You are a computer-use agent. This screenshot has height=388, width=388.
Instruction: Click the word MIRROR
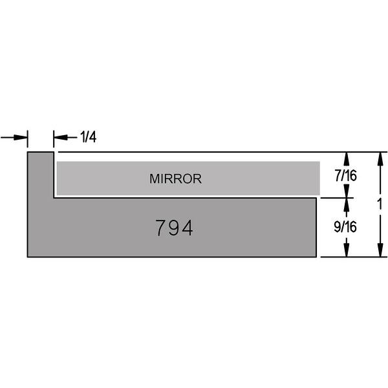[x=175, y=178]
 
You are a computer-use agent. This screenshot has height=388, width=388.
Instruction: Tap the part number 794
[x=174, y=228]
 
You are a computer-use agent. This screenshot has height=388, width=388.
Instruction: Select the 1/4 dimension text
[x=89, y=137]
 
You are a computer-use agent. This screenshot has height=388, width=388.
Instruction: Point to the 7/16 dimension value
[x=346, y=176]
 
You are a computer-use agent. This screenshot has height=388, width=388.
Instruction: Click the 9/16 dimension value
[x=345, y=227]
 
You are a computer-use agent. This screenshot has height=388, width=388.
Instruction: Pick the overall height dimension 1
[x=380, y=204]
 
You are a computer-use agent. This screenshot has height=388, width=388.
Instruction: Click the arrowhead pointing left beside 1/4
[x=61, y=137]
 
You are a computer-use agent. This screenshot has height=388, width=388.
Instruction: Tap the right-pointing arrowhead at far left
[x=21, y=137]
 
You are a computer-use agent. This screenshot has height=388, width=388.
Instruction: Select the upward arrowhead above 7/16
[x=347, y=159]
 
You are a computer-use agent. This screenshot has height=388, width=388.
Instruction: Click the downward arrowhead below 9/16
[x=347, y=250]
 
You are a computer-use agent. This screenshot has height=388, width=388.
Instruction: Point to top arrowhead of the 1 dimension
[x=380, y=159]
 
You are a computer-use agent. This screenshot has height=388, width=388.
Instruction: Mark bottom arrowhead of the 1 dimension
[x=380, y=250]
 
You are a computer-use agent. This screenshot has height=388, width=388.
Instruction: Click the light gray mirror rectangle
[x=188, y=178]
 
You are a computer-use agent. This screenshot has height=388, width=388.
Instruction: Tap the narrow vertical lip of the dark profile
[x=41, y=175]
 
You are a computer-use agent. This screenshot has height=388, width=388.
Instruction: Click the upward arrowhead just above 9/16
[x=347, y=204]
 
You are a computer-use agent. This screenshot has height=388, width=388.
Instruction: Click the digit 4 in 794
[x=187, y=228]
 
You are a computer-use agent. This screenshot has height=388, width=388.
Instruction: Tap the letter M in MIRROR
[x=154, y=178]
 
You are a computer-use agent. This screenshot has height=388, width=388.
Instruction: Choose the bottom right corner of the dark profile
[x=316, y=257]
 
